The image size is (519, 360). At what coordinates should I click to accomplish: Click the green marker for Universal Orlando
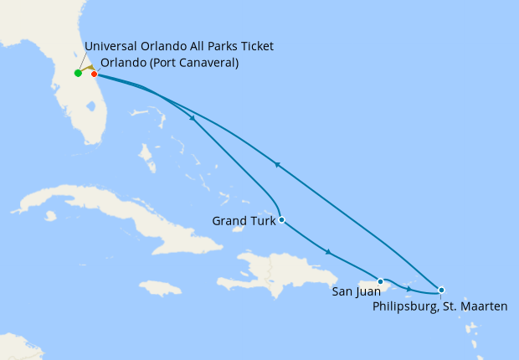tap(78, 73)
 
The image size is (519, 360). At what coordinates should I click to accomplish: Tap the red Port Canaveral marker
tap(94, 74)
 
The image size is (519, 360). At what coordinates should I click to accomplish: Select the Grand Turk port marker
tap(281, 220)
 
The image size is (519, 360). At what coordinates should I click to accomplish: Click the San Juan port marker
tap(380, 281)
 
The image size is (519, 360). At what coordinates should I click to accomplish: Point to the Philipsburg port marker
tap(441, 290)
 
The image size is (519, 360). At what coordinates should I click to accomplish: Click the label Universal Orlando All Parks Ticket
tap(179, 46)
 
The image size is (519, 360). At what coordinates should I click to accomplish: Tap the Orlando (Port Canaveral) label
tap(169, 62)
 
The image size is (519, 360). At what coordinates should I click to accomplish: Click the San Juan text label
tap(356, 291)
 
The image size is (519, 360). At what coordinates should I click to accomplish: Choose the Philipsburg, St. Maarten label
tap(439, 306)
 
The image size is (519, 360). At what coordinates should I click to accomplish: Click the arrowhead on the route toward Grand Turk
tap(193, 118)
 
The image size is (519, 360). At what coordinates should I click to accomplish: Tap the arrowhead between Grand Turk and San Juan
tap(328, 251)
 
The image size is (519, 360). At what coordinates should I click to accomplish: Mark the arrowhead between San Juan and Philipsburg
tap(408, 289)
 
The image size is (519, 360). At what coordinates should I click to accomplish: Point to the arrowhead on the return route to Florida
tap(277, 165)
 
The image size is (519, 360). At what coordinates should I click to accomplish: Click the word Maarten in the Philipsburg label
tap(482, 306)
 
